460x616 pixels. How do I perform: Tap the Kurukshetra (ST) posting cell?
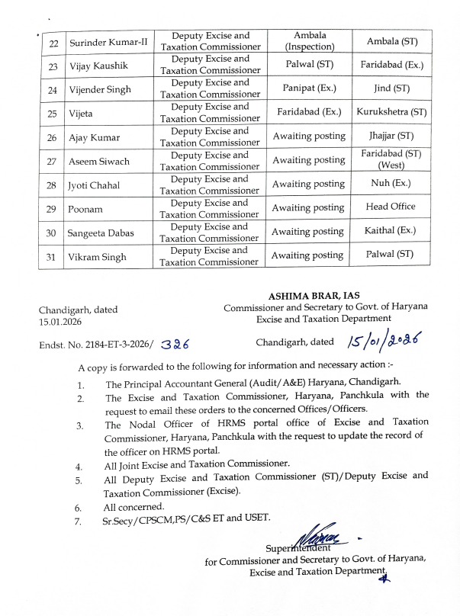[391, 112]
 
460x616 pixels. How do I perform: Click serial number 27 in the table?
[51, 161]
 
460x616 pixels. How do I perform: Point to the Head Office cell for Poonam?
[391, 207]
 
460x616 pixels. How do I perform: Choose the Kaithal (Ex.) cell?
[391, 231]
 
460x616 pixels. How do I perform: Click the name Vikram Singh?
[98, 257]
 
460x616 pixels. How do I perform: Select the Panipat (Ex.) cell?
[310, 88]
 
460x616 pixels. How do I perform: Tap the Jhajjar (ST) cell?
[391, 136]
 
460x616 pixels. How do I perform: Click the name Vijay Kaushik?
[97, 66]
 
